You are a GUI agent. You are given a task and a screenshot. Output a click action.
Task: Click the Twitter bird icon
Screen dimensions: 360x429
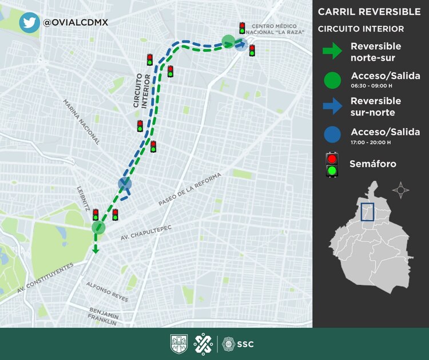click(x=29, y=22)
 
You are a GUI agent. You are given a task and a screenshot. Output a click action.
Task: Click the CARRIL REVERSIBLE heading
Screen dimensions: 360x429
click(x=369, y=11)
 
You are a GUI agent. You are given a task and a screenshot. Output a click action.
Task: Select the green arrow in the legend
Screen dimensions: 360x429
click(x=331, y=52)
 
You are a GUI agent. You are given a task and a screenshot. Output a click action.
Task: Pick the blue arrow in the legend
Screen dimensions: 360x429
click(x=331, y=105)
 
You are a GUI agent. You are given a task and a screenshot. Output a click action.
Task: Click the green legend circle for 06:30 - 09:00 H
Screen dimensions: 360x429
click(x=331, y=80)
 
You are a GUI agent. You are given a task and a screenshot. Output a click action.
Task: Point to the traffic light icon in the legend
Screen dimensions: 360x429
click(x=331, y=164)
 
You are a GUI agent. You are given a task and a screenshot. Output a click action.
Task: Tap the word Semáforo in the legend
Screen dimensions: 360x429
click(x=373, y=164)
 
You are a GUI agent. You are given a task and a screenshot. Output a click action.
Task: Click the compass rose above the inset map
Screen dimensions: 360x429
click(x=401, y=189)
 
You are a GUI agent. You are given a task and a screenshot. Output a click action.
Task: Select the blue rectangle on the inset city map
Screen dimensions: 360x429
click(x=367, y=212)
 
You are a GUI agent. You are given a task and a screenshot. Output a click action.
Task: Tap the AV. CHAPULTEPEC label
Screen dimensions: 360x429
click(x=146, y=231)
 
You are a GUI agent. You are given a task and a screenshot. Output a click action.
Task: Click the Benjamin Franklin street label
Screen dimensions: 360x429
click(x=104, y=316)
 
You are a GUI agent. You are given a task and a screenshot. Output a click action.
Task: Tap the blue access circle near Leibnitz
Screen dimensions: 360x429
click(x=125, y=184)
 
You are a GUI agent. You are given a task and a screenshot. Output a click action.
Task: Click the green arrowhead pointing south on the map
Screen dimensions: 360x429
click(x=96, y=250)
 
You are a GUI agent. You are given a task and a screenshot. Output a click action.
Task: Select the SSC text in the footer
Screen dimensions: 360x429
click(x=245, y=344)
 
